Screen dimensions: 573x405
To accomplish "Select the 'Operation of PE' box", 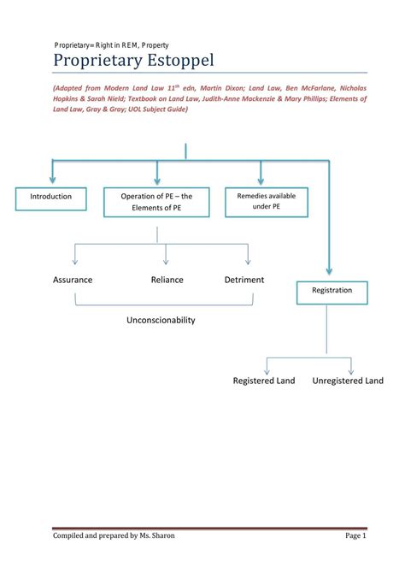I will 157,202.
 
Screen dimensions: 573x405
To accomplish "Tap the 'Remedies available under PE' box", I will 260,202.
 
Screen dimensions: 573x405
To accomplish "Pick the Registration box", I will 332,291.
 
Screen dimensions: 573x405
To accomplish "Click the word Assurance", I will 73,280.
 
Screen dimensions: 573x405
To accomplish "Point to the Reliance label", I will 167,280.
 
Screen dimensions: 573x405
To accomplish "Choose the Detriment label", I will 244,280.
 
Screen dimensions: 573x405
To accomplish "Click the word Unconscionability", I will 161,320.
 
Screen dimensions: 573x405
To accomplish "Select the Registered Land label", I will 264,381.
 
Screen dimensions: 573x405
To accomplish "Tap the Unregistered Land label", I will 348,381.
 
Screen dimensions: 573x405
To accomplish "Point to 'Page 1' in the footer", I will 355,535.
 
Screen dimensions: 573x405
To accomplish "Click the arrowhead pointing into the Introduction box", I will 52,181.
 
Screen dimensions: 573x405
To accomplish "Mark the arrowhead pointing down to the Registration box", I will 330,269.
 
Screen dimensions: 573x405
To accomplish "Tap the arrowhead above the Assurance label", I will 75,260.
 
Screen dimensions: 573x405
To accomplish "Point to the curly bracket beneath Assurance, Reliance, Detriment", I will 164,302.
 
